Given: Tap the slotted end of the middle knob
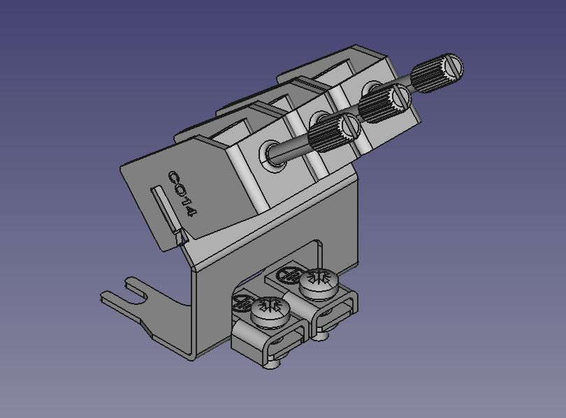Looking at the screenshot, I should coord(400,97).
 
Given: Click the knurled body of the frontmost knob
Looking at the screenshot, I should coord(324,135).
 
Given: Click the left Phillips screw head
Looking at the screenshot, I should coord(268,308).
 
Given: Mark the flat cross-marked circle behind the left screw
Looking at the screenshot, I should coord(241,302).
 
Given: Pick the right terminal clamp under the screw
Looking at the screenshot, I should coord(334,314).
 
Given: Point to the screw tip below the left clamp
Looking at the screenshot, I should coord(273,363).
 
